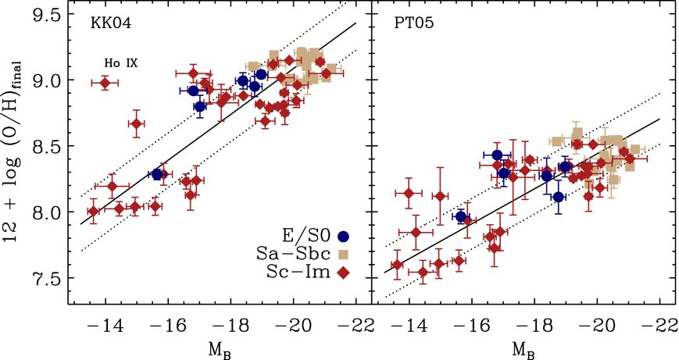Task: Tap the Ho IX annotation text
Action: pyautogui.click(x=122, y=62)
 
